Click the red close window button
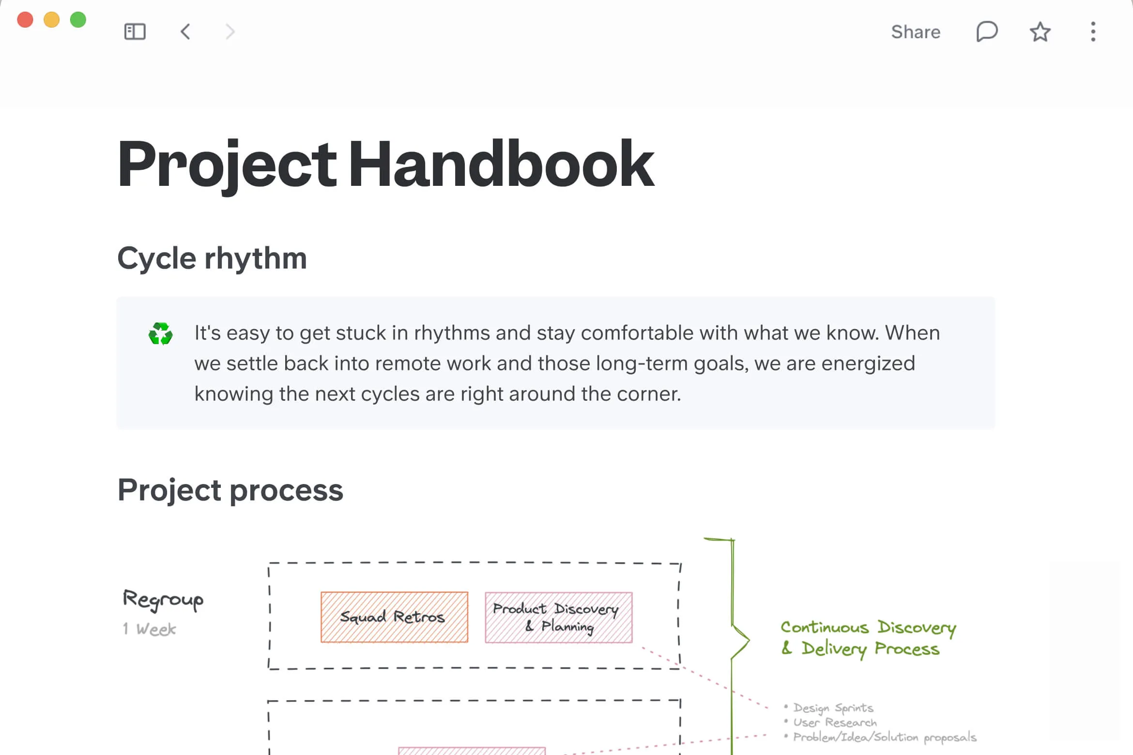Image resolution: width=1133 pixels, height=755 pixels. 25,20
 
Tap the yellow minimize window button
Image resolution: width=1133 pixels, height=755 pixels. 52,20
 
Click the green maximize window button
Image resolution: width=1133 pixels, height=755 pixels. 78,20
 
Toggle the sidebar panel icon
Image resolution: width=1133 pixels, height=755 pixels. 135,32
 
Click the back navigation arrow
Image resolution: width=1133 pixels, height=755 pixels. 185,32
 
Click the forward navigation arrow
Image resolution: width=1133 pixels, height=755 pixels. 230,32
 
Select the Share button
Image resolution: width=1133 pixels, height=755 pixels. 916,32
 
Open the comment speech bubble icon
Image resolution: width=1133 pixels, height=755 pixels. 987,32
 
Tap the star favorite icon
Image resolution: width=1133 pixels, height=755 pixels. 1040,32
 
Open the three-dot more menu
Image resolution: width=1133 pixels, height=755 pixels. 1093,32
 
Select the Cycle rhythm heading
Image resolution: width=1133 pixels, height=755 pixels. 212,258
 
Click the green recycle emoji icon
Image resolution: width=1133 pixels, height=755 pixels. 161,334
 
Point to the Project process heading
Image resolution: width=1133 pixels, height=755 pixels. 230,490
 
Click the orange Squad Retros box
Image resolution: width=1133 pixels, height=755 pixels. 394,617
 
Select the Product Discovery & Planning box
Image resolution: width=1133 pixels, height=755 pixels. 558,617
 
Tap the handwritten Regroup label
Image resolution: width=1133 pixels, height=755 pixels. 163,600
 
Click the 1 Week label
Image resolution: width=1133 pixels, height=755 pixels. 150,629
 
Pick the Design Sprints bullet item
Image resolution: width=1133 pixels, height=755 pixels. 833,708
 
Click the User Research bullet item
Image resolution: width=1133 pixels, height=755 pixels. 835,723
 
